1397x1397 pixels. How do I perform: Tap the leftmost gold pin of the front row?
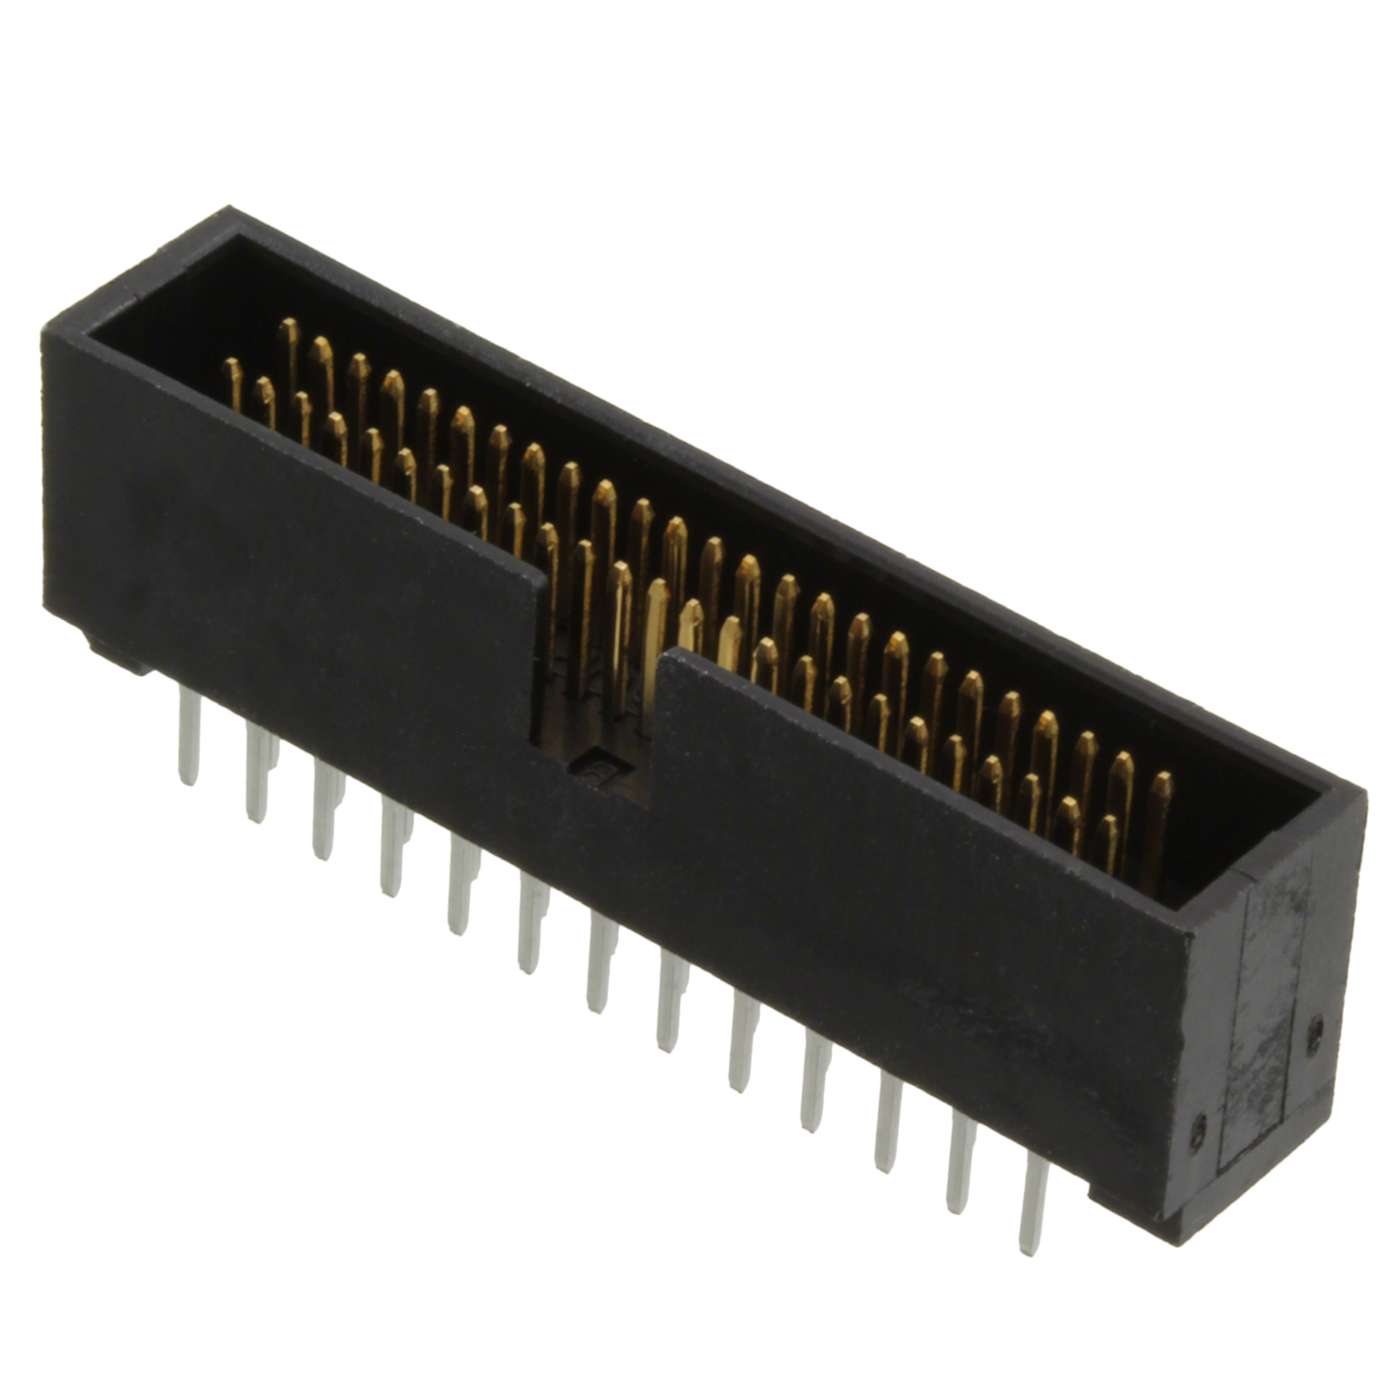point(233,383)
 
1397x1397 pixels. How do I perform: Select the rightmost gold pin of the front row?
point(1106,846)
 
